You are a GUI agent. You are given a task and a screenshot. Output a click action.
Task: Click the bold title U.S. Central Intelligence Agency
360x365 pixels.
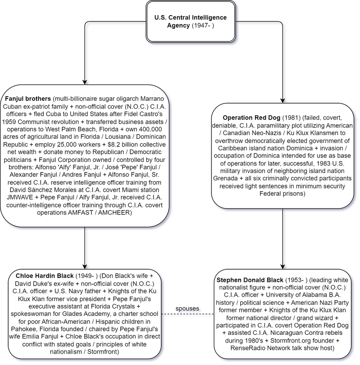190,21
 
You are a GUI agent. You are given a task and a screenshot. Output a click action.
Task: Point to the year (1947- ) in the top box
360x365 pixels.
203,25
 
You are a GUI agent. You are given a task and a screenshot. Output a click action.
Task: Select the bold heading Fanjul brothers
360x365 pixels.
28,99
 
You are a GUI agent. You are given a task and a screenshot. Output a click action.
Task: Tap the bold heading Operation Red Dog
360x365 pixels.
251,118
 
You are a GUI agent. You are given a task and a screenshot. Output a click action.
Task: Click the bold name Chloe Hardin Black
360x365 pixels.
44,276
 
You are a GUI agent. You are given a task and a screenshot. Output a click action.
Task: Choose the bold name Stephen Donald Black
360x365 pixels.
250,280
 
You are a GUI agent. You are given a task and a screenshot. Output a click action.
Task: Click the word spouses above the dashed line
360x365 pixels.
187,308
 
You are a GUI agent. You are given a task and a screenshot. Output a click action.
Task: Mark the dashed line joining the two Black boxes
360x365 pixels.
188,314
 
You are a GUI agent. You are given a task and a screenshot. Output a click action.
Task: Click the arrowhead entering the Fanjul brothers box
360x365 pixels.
85,82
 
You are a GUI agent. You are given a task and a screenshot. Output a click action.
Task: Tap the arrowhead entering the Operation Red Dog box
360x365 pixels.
283,100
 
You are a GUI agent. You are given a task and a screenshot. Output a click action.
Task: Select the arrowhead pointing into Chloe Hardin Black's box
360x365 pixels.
85,267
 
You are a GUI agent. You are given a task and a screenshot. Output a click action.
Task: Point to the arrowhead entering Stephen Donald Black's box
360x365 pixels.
283,267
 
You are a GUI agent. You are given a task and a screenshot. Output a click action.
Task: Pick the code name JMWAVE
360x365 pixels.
20,198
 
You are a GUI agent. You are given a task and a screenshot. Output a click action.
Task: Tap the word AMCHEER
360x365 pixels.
114,213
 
